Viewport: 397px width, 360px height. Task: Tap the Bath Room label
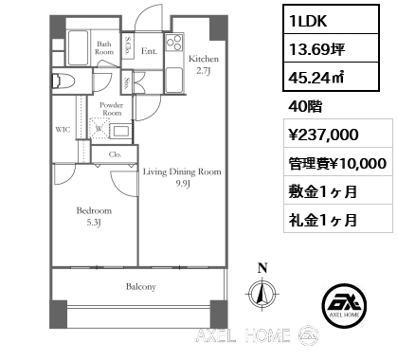(x=104, y=47)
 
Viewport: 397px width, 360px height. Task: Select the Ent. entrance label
(x=149, y=51)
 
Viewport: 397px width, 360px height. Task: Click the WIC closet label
(x=63, y=129)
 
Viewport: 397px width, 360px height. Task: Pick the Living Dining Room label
(x=182, y=172)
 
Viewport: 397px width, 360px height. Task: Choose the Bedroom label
(x=95, y=210)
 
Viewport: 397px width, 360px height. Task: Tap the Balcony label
(x=138, y=286)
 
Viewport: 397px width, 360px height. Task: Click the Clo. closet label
(x=114, y=153)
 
